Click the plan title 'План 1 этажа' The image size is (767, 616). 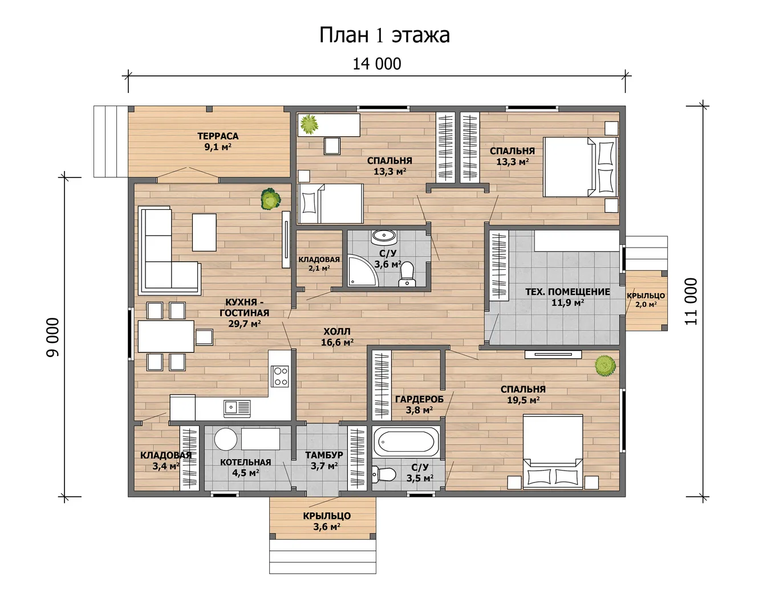point(384,35)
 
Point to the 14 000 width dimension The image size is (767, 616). point(377,64)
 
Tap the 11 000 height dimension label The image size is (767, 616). point(691,301)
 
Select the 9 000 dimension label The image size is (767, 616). point(52,337)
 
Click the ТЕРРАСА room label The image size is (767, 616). point(218,136)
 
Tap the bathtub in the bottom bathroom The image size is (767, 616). point(406,442)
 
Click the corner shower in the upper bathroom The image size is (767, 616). point(362,270)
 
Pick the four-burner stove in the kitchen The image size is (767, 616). point(280,376)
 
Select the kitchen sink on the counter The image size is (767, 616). point(237,408)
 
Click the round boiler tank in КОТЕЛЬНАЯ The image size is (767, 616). point(226,439)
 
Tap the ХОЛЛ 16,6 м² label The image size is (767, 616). point(337,337)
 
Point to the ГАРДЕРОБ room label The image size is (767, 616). point(419,399)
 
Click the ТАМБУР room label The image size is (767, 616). point(324,455)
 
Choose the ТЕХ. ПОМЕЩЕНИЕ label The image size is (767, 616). point(567,292)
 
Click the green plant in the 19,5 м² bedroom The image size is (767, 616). point(605,366)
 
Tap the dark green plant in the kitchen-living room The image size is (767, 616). point(270,199)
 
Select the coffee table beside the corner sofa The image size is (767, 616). point(204,233)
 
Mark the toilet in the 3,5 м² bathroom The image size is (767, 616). point(384,475)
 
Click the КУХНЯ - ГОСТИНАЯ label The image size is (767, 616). point(244,307)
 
